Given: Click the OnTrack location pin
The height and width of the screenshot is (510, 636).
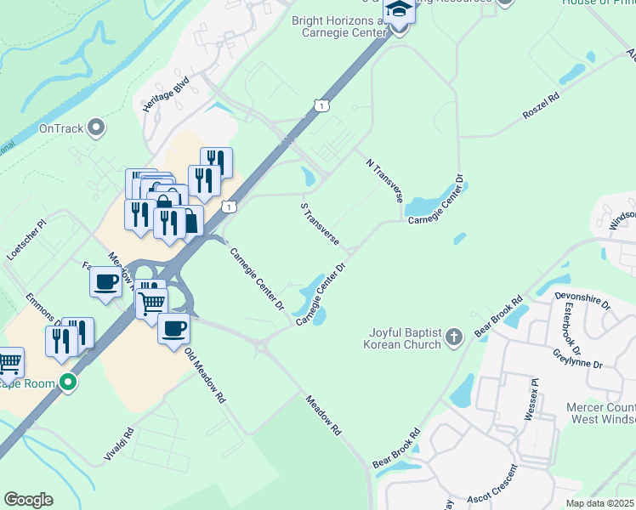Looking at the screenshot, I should [x=97, y=129].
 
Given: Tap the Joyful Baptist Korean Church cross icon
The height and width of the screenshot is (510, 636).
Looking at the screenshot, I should [x=454, y=338].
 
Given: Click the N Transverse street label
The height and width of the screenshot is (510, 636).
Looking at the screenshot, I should [x=383, y=179].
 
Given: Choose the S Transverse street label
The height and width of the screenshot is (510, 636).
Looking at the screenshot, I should [x=320, y=224].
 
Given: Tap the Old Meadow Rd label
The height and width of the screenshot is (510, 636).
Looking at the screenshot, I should [x=205, y=376].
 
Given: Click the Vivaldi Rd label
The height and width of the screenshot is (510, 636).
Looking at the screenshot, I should [x=119, y=444].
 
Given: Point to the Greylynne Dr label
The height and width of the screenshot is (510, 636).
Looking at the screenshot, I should [x=576, y=358].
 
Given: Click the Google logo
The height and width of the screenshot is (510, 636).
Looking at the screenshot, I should [x=28, y=500].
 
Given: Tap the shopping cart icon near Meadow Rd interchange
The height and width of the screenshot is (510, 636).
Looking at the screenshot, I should [x=152, y=302].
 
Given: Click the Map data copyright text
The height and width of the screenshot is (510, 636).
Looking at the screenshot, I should [x=600, y=503].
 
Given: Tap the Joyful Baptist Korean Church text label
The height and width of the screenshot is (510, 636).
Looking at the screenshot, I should [x=403, y=338].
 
